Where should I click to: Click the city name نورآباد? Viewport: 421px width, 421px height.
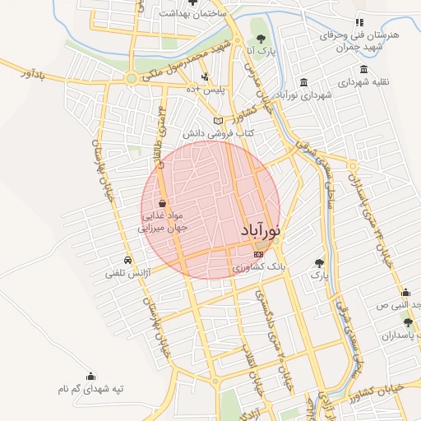click(261, 233)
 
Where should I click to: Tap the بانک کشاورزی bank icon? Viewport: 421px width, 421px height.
click(259, 254)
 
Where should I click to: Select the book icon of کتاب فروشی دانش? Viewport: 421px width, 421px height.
click(218, 121)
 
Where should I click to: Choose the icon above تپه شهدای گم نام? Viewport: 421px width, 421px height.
click(90, 375)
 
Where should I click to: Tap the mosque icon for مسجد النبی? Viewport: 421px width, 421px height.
click(405, 292)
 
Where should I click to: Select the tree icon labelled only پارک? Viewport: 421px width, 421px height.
click(319, 263)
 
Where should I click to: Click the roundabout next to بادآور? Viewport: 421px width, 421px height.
click(130, 79)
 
